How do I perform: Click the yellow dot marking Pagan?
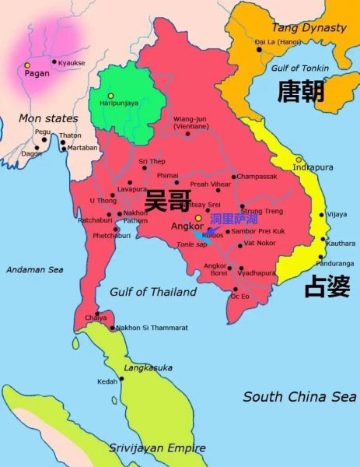tap(28, 65)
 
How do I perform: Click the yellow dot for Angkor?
tap(198, 218)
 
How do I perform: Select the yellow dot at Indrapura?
tap(298, 160)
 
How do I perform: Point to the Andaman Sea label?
tap(33, 269)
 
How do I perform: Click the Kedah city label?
tap(107, 381)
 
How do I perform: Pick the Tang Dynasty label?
tap(309, 28)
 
